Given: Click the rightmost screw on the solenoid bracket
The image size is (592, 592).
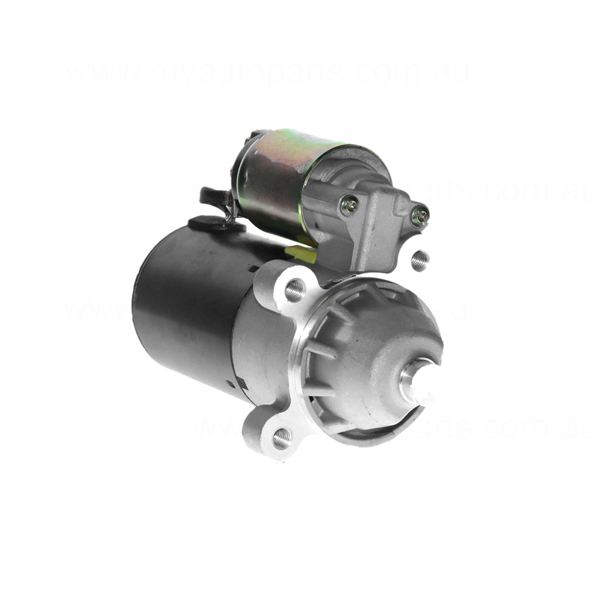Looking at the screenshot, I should [420, 214].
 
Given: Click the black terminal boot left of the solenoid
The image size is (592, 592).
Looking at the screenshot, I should [211, 194].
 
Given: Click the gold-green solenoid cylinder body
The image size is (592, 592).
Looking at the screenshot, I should [276, 178].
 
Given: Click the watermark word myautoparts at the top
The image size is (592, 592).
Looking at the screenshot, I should [247, 74].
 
